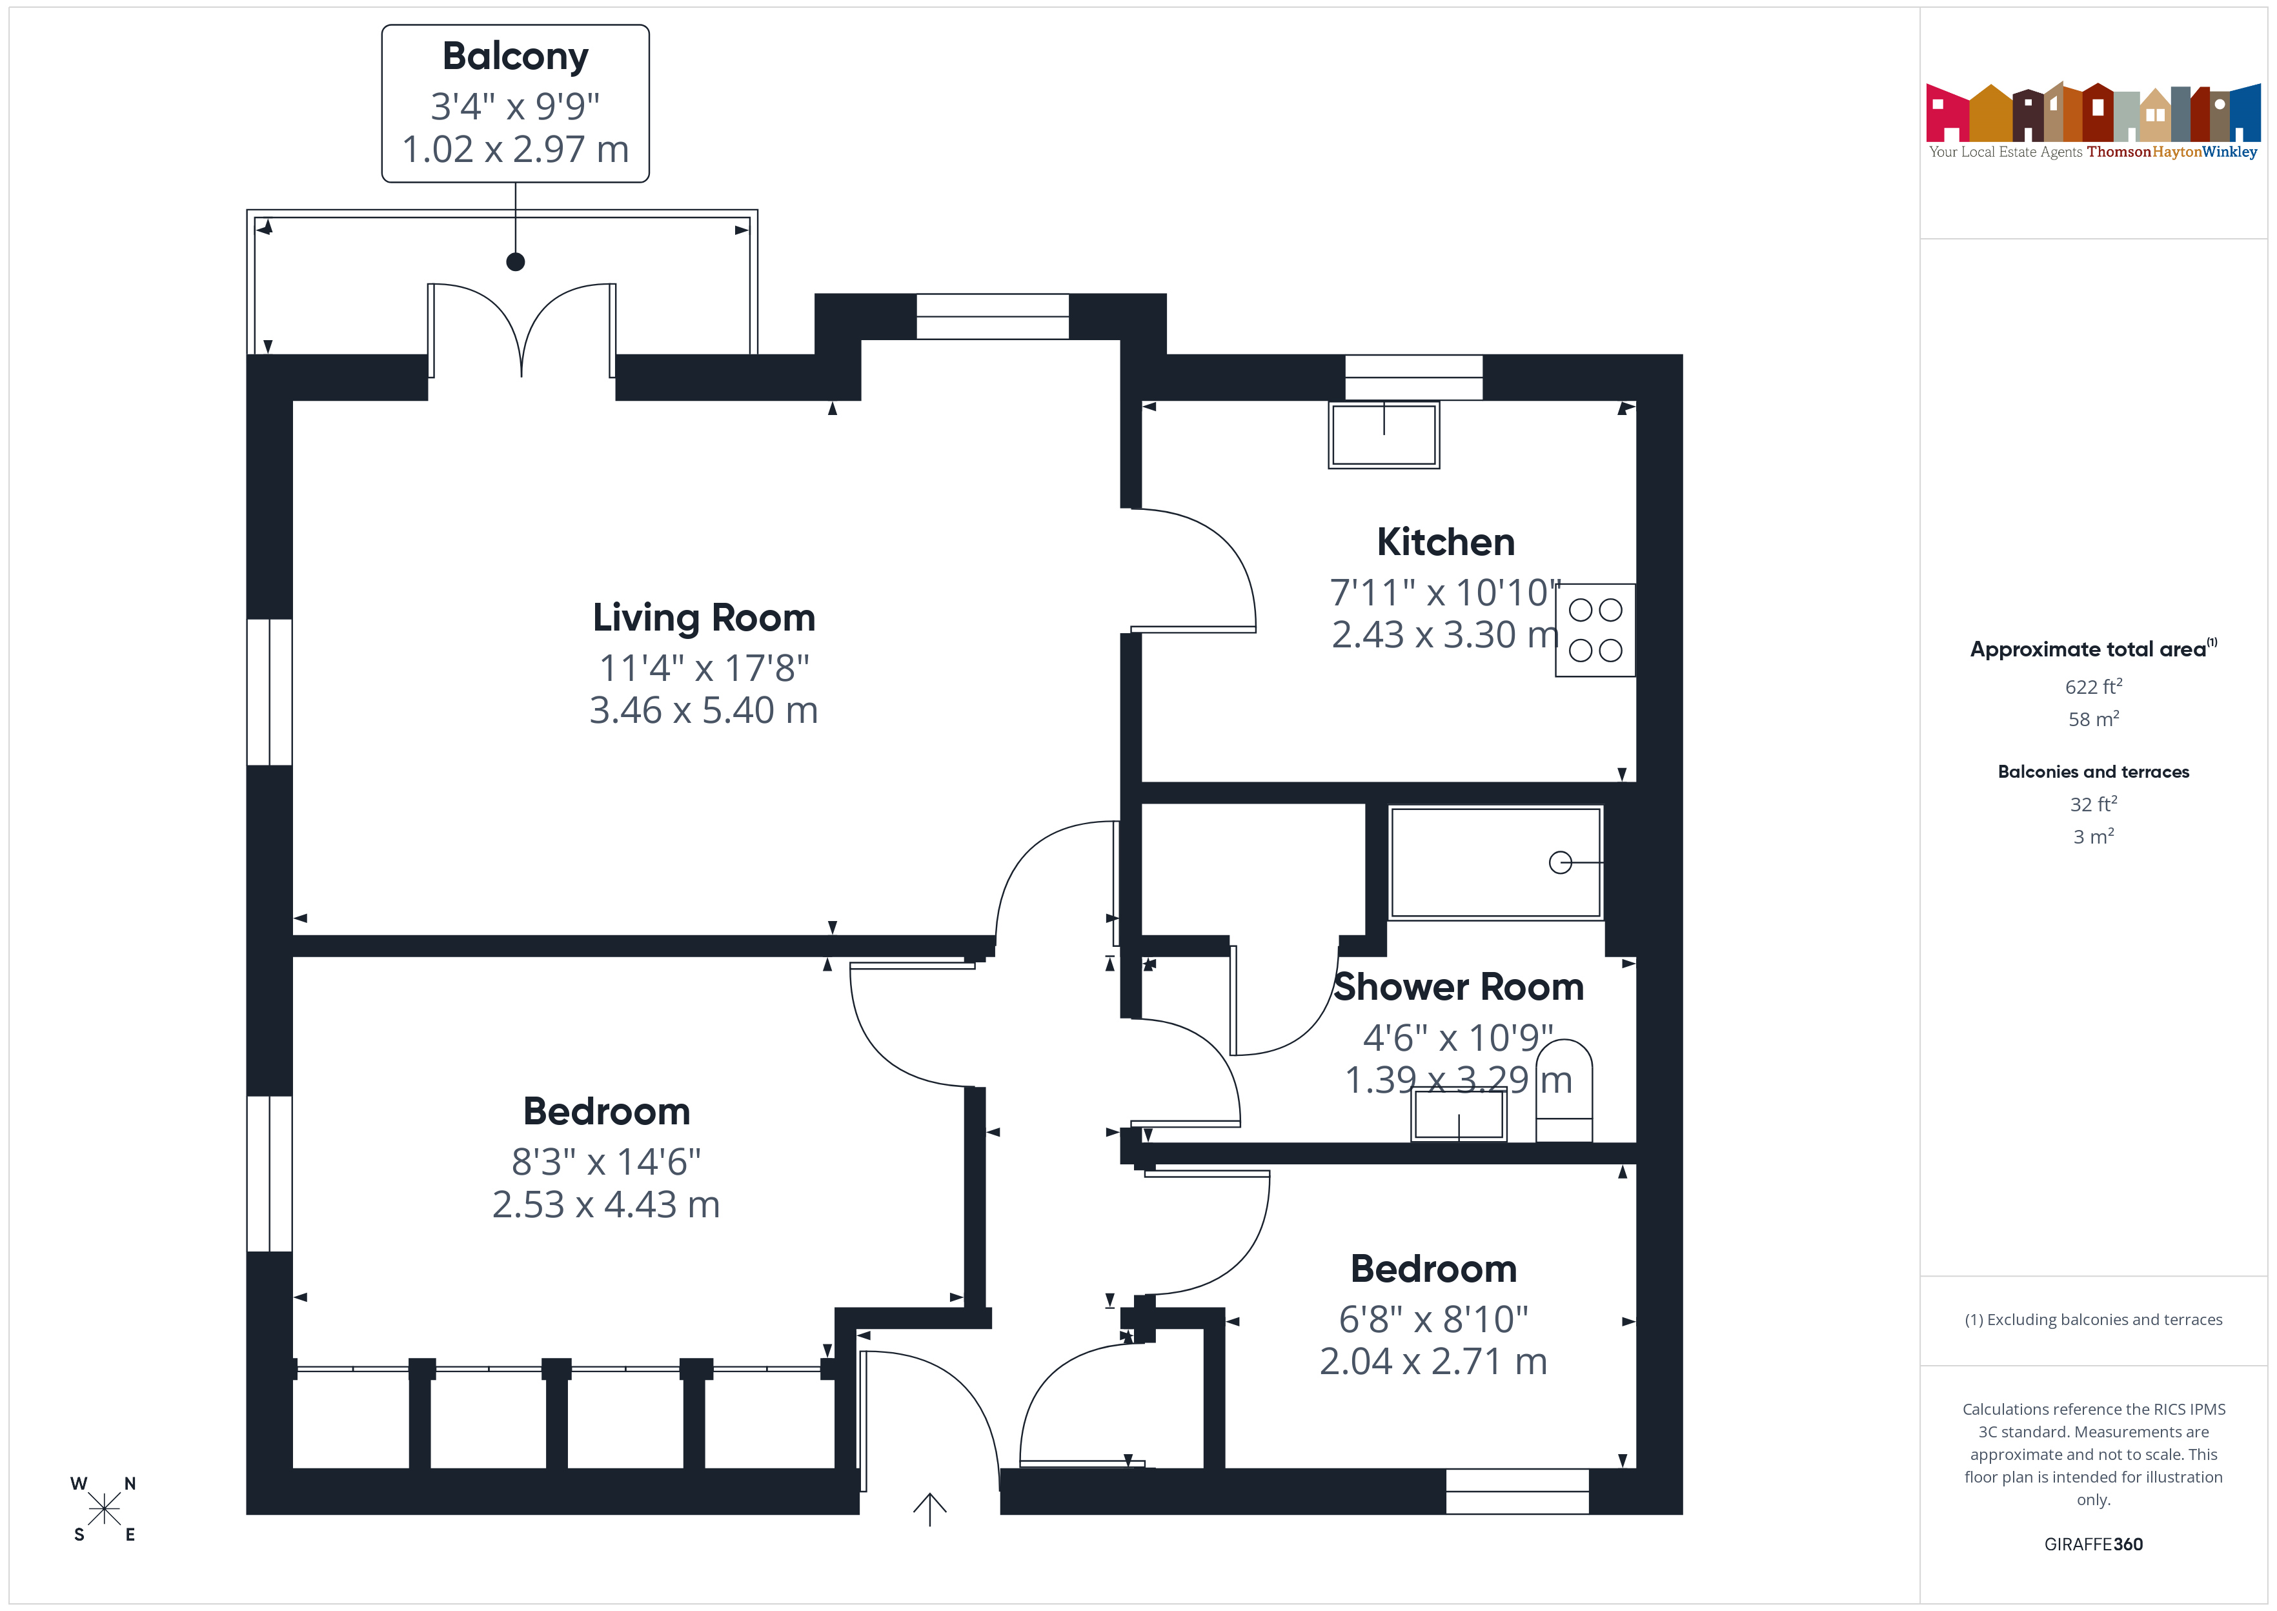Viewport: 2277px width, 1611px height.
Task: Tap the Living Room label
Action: pos(704,618)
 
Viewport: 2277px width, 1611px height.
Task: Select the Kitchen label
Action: pos(1446,543)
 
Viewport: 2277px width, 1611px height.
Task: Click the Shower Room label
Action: pos(1459,987)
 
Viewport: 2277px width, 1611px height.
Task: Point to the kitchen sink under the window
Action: pos(1384,434)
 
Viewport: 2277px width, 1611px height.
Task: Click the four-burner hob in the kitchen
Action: pos(1595,630)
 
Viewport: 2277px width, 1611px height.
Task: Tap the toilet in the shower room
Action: pos(1564,1090)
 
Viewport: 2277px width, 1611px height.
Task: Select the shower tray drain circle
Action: pos(1560,863)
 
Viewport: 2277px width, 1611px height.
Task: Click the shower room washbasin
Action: pos(1459,1115)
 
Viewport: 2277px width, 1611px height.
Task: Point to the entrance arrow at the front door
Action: pos(929,1509)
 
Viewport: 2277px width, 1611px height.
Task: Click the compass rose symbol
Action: pos(103,1509)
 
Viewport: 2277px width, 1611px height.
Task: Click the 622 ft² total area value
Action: pos(2094,687)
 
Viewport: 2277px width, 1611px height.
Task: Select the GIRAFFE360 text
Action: pos(2094,1545)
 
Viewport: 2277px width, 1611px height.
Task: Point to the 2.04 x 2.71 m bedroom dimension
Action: pos(1433,1362)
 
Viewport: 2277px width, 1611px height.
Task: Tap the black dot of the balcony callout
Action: pos(516,262)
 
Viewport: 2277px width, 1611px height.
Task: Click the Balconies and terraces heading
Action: pos(2094,772)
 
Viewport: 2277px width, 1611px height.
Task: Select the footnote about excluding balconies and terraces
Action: pos(2094,1319)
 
